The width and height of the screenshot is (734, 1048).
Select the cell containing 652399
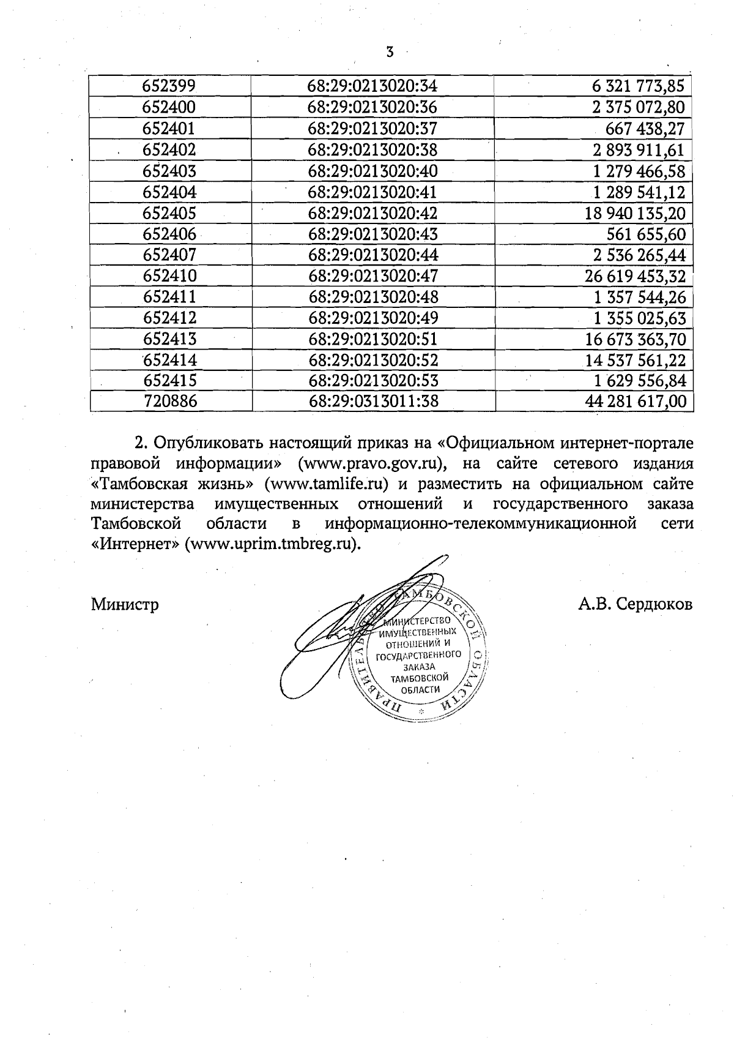pyautogui.click(x=169, y=86)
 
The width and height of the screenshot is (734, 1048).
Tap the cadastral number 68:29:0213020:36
pyautogui.click(x=373, y=108)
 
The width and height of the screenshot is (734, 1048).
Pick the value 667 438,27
pyautogui.click(x=645, y=129)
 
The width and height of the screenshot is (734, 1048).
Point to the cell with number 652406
pyautogui.click(x=169, y=234)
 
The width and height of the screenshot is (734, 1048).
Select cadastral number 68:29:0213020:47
pyautogui.click(x=373, y=276)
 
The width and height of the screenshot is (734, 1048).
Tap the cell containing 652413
pyautogui.click(x=170, y=339)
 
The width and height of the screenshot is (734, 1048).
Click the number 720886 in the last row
pyautogui.click(x=170, y=402)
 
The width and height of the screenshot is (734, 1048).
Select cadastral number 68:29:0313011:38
pyautogui.click(x=373, y=402)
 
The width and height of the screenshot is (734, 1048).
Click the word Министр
pyautogui.click(x=125, y=605)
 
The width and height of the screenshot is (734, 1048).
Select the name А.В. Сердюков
pyautogui.click(x=635, y=605)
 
